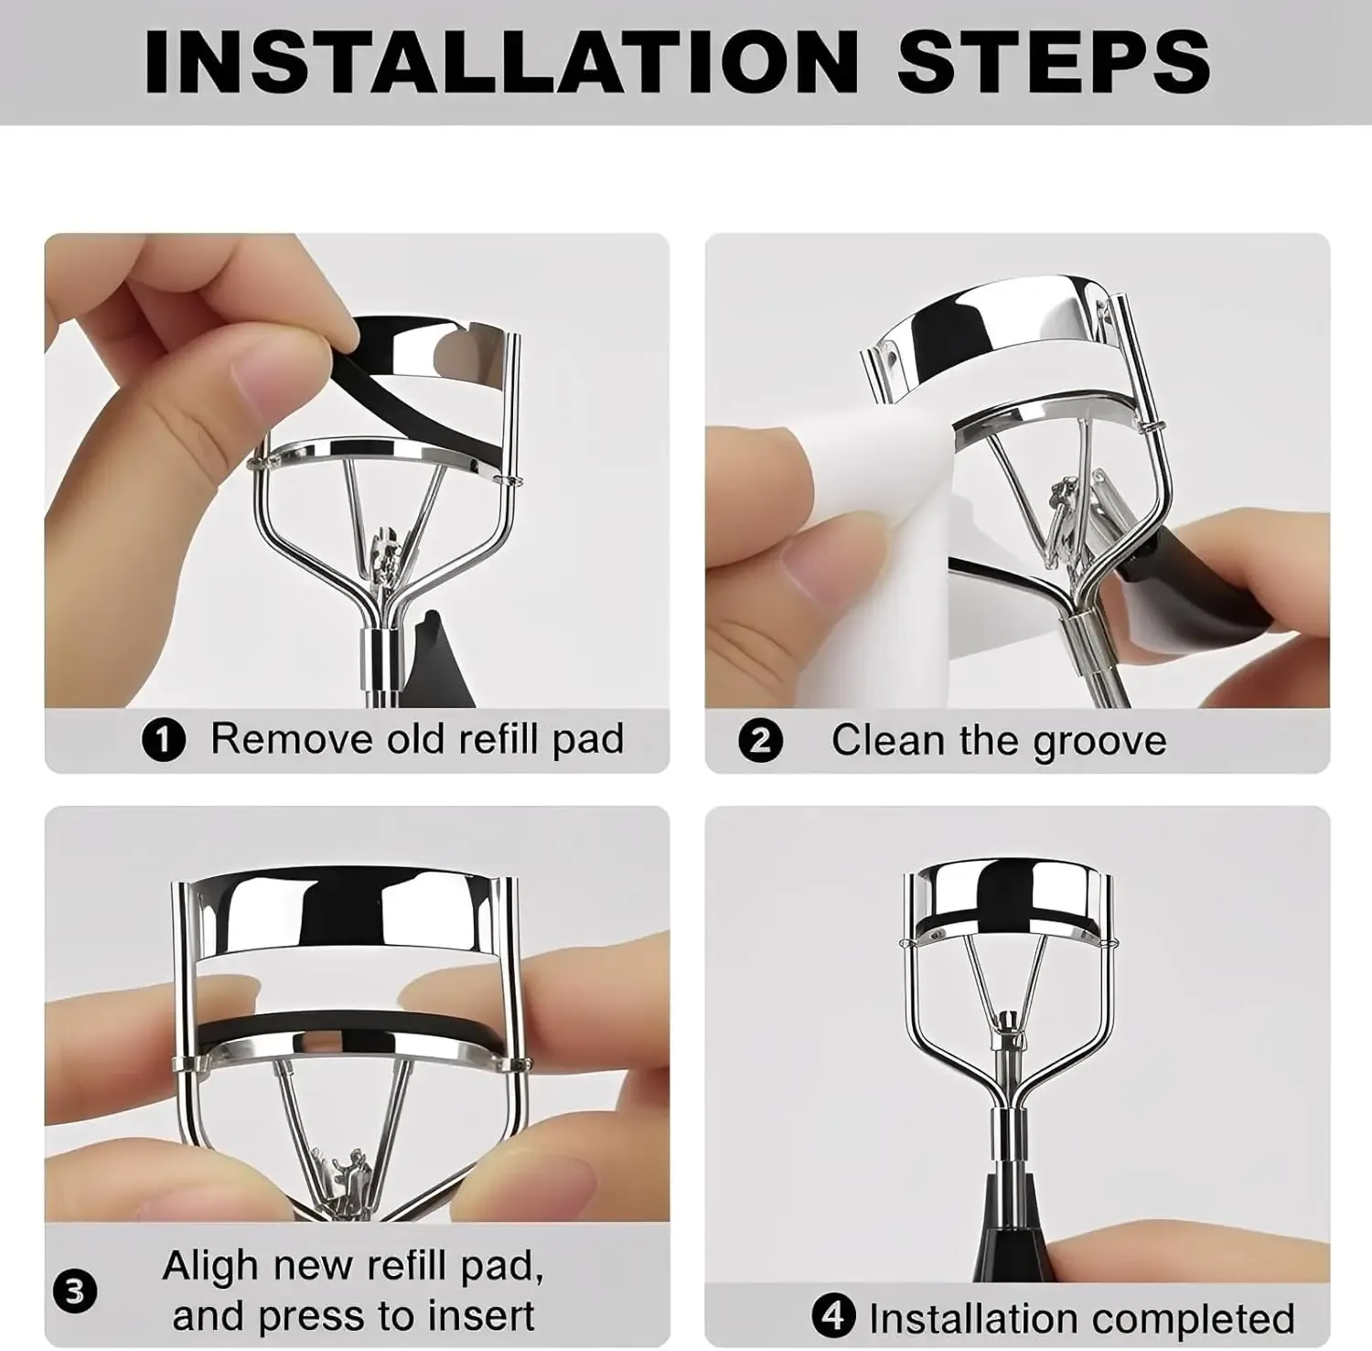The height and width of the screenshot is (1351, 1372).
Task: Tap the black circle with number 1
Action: click(x=164, y=740)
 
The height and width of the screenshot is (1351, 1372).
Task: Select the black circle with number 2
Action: click(x=761, y=740)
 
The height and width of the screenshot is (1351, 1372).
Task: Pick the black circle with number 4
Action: click(x=833, y=1317)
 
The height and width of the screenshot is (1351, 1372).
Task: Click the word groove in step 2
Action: click(x=1099, y=742)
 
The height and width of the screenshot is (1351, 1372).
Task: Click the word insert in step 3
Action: click(x=479, y=1316)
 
